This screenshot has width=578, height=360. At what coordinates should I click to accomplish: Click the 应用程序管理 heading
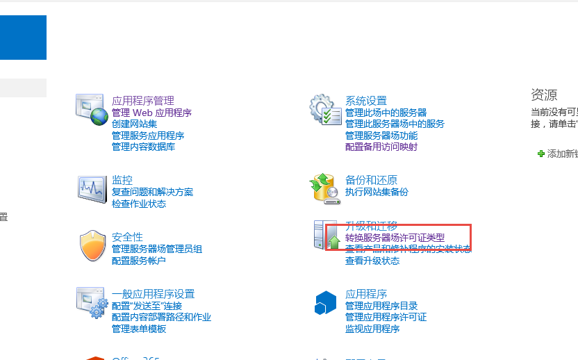tap(142, 101)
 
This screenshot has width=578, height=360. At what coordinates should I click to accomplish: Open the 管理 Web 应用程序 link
tap(151, 113)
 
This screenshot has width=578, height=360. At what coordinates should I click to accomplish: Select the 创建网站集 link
tap(134, 124)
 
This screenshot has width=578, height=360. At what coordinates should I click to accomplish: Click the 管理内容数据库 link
tap(143, 147)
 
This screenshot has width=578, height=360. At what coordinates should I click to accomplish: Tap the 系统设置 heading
tap(365, 101)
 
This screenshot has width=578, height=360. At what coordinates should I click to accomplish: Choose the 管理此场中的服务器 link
tap(386, 113)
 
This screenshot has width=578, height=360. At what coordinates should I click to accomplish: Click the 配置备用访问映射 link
tap(381, 147)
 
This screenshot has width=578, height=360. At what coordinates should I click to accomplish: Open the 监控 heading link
tap(122, 180)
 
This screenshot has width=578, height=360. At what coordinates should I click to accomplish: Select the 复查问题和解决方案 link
tap(152, 192)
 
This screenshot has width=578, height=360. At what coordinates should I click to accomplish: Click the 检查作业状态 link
tap(139, 204)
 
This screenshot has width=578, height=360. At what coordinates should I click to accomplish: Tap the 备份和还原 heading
tap(371, 180)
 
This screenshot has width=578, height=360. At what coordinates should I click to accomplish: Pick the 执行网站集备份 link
tap(377, 192)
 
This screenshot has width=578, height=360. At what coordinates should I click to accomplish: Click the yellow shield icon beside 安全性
tap(92, 245)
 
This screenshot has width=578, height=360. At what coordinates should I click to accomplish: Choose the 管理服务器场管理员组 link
tap(157, 249)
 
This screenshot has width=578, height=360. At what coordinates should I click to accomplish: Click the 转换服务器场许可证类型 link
tap(395, 238)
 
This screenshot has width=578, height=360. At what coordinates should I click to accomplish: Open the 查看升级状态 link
tap(372, 261)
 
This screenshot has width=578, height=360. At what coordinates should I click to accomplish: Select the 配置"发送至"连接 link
tap(147, 306)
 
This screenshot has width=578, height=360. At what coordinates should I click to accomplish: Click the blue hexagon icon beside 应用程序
tap(326, 302)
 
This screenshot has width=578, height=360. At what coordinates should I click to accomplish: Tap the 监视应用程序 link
tap(372, 329)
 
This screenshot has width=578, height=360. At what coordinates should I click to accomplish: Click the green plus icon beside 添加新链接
tap(541, 154)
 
